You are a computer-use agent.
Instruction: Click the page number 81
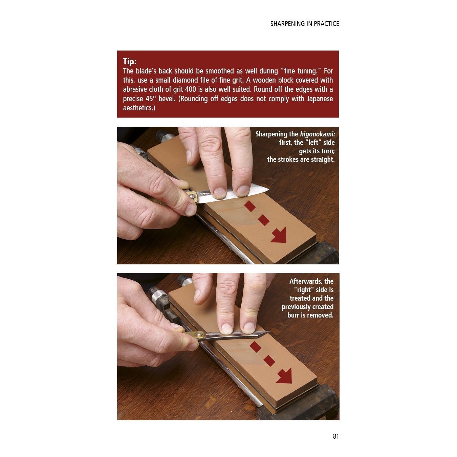[335, 436]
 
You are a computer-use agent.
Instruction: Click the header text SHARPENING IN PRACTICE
[304, 24]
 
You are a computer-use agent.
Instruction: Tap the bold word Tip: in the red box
[130, 62]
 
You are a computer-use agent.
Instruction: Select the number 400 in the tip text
[191, 89]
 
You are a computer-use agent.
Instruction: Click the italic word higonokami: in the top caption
[317, 134]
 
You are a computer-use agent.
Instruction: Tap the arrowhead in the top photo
[279, 236]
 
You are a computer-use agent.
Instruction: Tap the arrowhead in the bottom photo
[284, 376]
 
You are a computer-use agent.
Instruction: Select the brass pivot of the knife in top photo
[192, 196]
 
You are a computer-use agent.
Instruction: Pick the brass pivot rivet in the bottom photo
[199, 335]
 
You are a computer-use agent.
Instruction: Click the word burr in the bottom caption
[293, 315]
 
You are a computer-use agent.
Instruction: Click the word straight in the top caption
[322, 159]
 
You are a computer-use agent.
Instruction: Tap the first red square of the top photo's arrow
[250, 206]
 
